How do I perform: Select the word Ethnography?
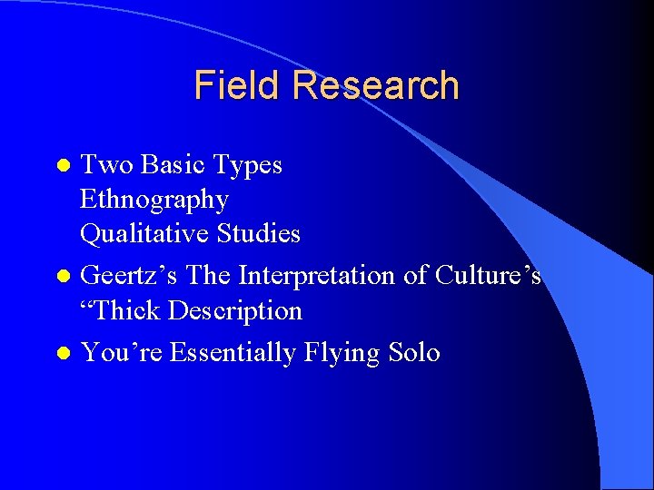click(x=154, y=200)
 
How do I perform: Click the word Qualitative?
click(x=144, y=234)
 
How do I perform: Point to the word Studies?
click(x=258, y=234)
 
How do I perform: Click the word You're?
click(x=121, y=352)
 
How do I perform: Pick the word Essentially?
click(x=231, y=353)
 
